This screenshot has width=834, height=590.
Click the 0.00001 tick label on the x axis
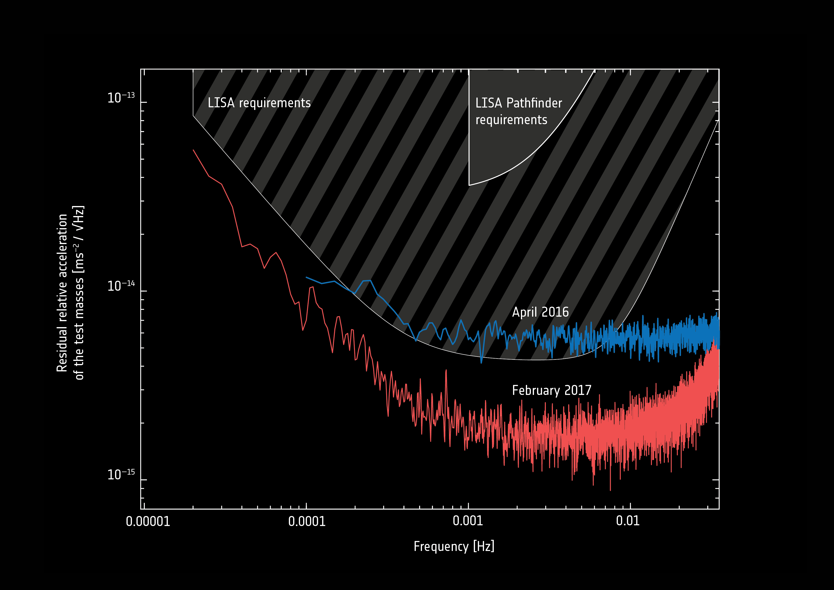coord(148,521)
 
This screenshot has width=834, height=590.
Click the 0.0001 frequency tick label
coord(307,521)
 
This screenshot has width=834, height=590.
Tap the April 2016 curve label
coord(540,312)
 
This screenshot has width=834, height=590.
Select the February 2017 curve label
coord(551,390)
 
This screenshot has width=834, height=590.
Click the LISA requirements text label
coord(259,103)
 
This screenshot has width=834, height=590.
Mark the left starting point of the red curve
coord(193,150)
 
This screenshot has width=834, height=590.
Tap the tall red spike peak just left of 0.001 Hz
coord(446,370)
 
